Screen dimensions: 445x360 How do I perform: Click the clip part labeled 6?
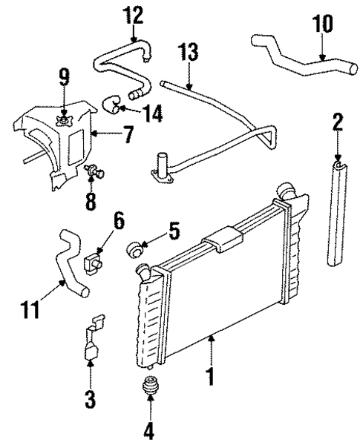pyautogui.click(x=94, y=262)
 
